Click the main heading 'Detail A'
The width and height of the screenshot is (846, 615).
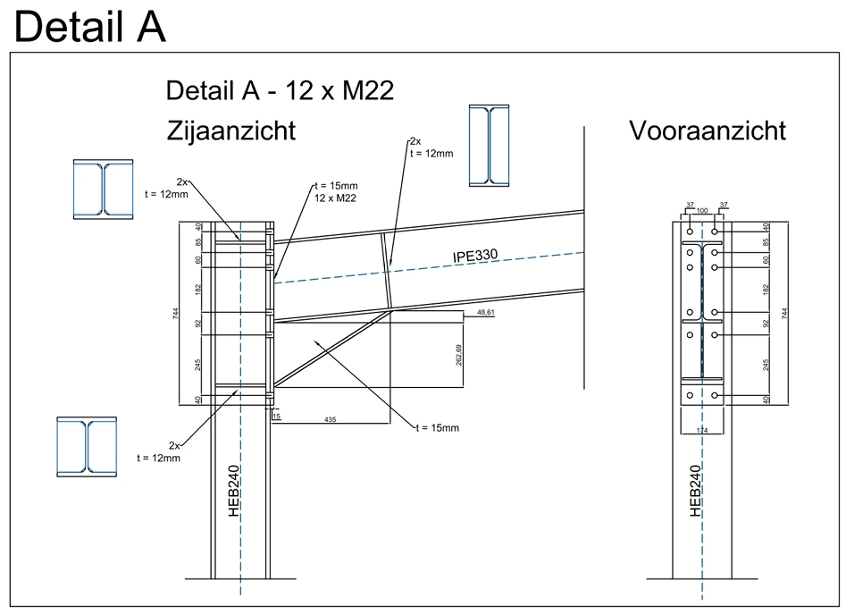pos(89,26)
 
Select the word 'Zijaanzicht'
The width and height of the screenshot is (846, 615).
pos(231,131)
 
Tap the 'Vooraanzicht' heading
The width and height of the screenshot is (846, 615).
pos(708,131)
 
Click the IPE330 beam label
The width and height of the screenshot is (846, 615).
pos(475,255)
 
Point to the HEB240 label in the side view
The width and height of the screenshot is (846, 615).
pos(234,491)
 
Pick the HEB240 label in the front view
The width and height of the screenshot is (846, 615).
pos(696,491)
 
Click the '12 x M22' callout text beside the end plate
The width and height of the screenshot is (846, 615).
pos(335,198)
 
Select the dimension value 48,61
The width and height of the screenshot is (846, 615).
pos(486,312)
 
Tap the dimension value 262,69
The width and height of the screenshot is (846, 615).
pos(458,355)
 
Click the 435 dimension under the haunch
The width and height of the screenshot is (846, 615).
pos(331,419)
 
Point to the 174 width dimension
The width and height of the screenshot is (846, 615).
pos(702,430)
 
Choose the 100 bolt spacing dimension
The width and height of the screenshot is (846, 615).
pos(702,211)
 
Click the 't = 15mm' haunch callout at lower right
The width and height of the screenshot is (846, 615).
pos(438,428)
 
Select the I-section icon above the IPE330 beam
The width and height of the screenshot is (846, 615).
pos(489,146)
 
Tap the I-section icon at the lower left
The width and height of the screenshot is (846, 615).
pos(87,447)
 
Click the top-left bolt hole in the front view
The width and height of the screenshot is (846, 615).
pos(690,232)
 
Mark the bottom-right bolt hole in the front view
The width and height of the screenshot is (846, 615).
pos(715,396)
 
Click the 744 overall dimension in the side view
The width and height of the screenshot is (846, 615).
pos(175,313)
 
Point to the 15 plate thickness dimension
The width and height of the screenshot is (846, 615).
pos(276,417)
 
